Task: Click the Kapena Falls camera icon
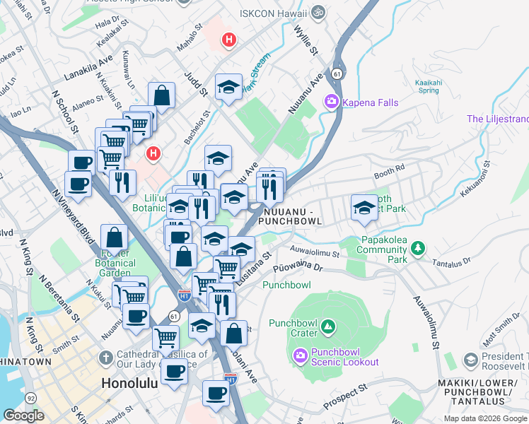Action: click(x=331, y=102)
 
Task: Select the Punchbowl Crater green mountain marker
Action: click(x=327, y=326)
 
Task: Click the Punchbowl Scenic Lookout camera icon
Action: click(x=299, y=355)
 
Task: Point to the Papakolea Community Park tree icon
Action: click(x=419, y=247)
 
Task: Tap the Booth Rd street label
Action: click(x=388, y=170)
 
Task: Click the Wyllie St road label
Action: click(x=303, y=31)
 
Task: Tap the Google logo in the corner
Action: click(x=23, y=415)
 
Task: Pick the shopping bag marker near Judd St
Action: click(x=162, y=95)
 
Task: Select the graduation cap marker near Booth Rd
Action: click(x=364, y=207)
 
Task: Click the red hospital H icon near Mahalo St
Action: click(x=228, y=40)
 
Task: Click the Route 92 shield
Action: click(x=31, y=399)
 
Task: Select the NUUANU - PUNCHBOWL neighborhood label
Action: click(x=291, y=216)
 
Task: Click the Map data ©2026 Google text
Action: click(x=485, y=418)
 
